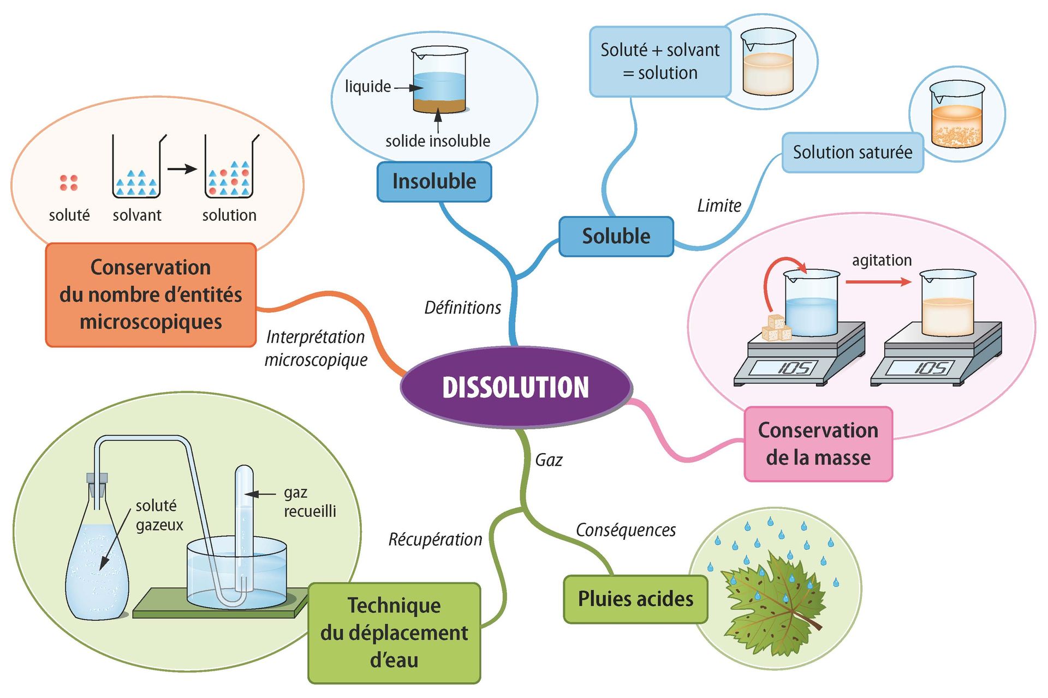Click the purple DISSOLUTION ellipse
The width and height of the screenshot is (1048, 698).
[x=516, y=387]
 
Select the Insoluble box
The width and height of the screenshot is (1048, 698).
[x=434, y=182]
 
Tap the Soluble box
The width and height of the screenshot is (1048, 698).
[x=616, y=236]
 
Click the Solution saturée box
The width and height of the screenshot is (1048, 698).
[x=852, y=152]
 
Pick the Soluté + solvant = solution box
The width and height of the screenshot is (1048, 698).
[x=659, y=62]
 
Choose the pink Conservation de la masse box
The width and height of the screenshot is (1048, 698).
[x=818, y=444]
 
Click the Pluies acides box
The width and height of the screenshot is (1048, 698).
[x=635, y=599]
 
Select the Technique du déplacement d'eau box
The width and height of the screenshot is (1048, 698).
[x=394, y=633]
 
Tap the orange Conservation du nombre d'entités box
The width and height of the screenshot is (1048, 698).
[x=151, y=294]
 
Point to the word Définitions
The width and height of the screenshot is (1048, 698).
[x=462, y=308]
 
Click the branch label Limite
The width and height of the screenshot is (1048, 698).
[x=719, y=206]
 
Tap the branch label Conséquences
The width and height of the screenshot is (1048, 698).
[x=626, y=530]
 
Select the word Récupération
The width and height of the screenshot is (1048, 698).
[x=435, y=539]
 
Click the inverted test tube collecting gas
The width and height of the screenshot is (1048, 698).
[x=244, y=523]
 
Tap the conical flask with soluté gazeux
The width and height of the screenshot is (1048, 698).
[x=97, y=567]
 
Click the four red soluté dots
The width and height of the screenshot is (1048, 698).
[x=69, y=183]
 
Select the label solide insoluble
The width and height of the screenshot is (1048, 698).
[x=438, y=141]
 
